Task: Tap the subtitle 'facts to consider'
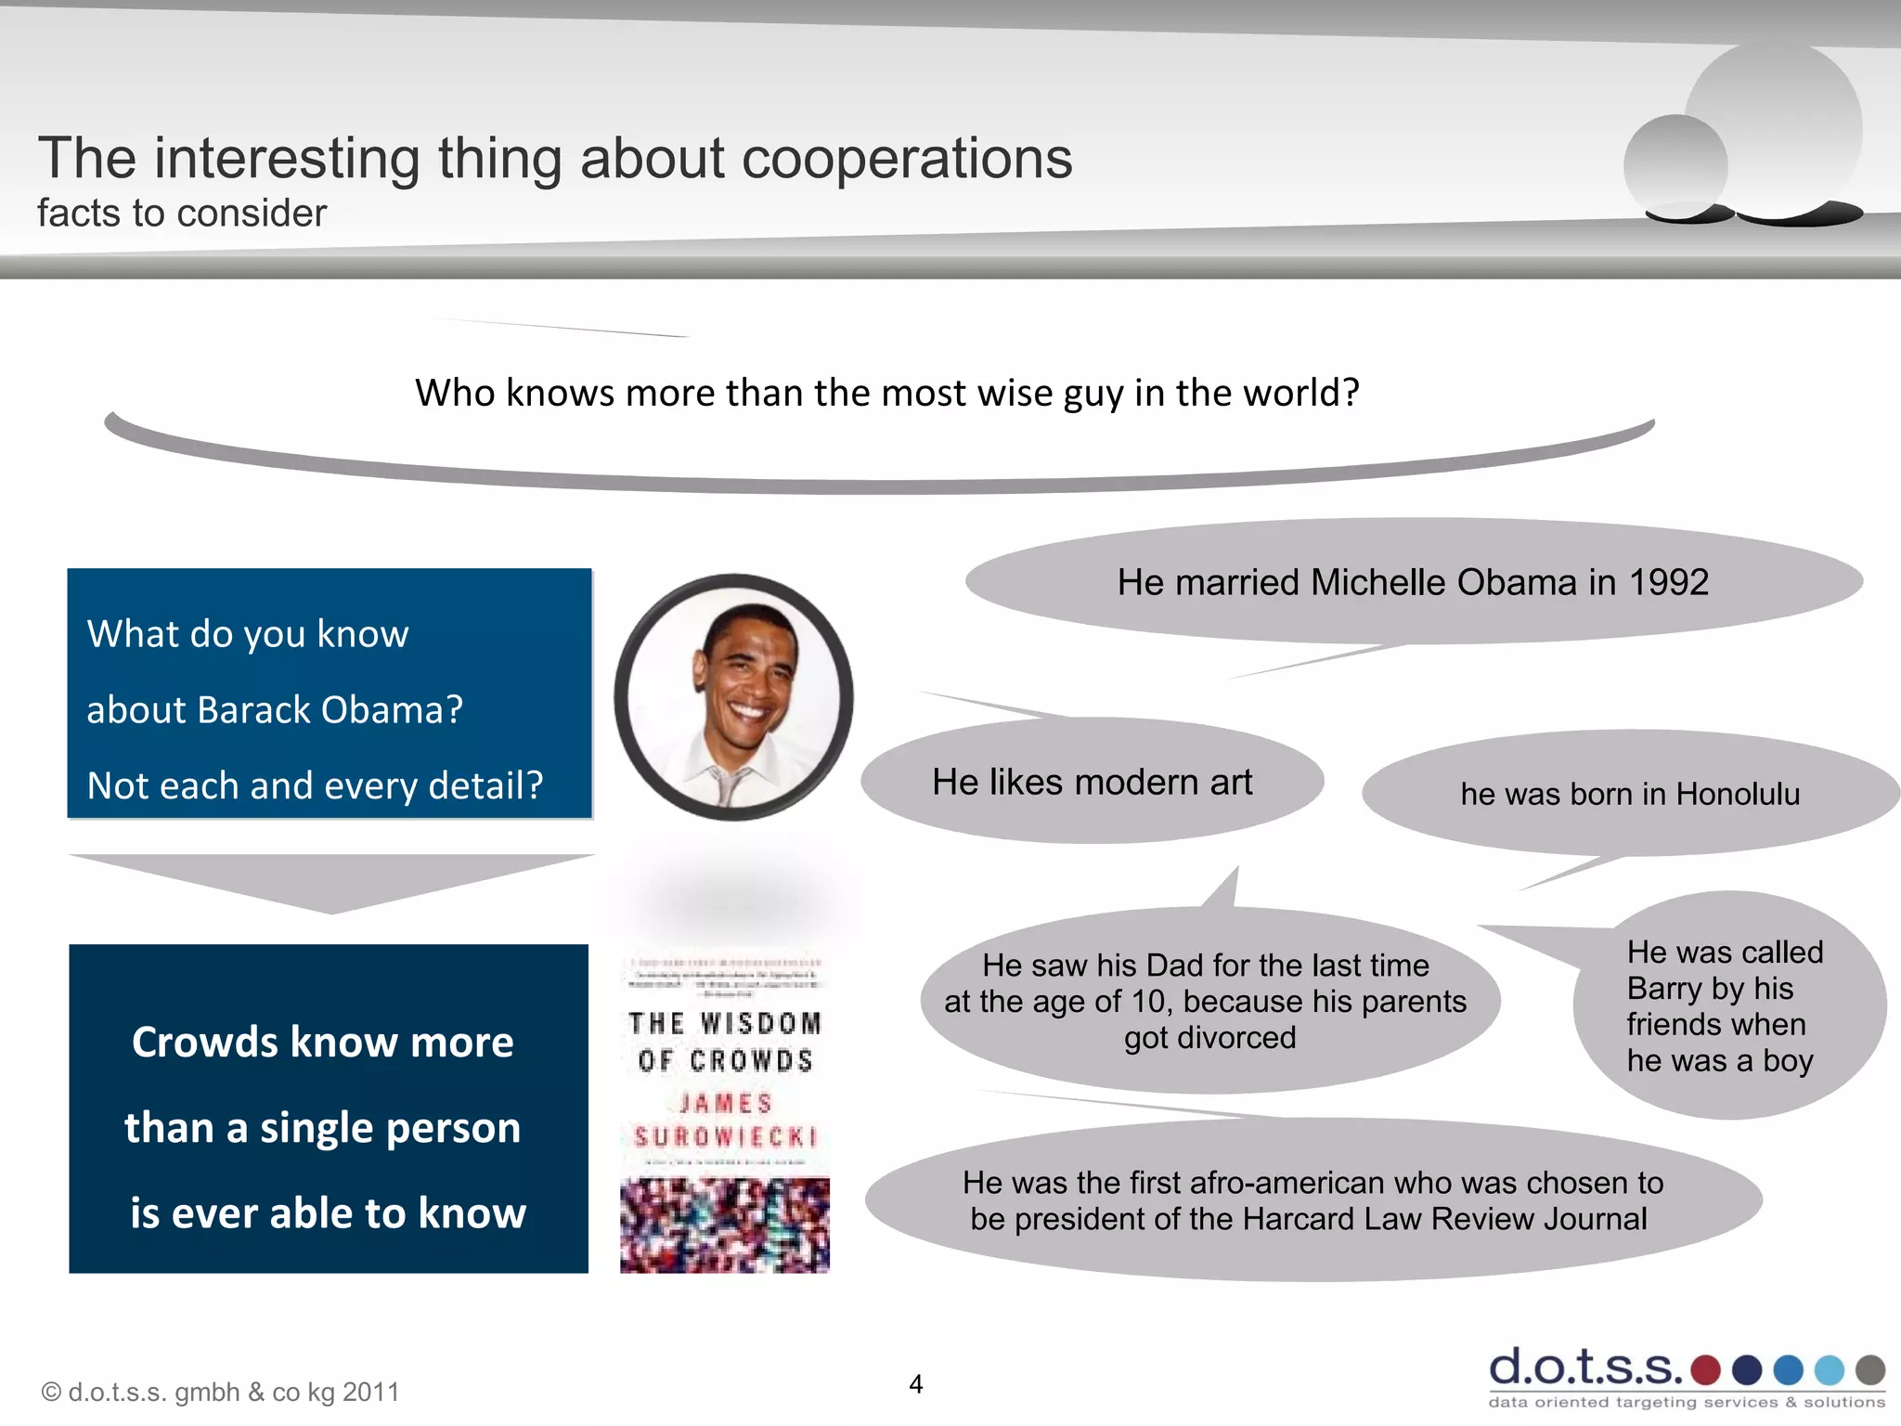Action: (182, 214)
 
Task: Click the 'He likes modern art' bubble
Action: (1092, 782)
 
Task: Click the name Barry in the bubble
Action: (1664, 989)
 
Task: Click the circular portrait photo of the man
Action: (733, 696)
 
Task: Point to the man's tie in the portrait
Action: (725, 785)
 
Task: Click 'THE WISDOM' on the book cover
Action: (725, 1023)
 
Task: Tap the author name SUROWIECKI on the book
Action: (725, 1137)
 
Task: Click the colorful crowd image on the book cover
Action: (725, 1225)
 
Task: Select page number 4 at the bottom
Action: (916, 1384)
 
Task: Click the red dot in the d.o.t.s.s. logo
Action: (1705, 1369)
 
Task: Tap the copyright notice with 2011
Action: (220, 1392)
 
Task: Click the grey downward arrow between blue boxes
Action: (331, 882)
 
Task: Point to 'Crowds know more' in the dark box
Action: (322, 1042)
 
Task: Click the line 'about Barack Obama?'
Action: (275, 710)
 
